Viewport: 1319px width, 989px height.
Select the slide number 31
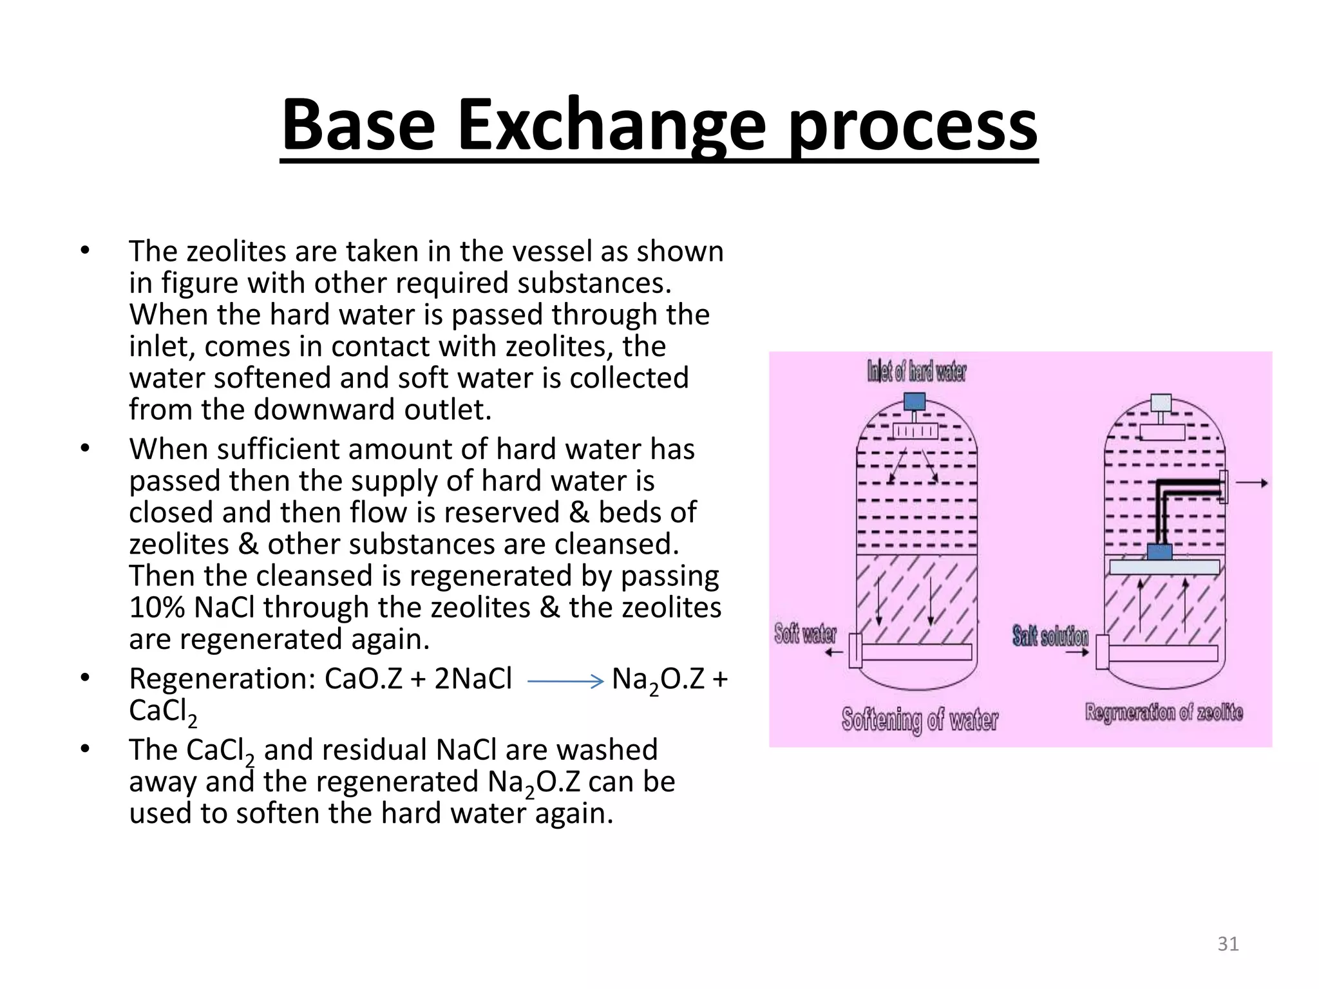pyautogui.click(x=1228, y=944)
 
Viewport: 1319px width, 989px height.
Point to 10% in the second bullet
pyautogui.click(x=157, y=607)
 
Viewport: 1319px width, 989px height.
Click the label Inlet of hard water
pyautogui.click(x=916, y=372)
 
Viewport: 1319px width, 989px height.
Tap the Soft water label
pyautogui.click(x=805, y=634)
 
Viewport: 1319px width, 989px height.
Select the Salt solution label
pyautogui.click(x=1050, y=636)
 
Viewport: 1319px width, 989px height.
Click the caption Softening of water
pyautogui.click(x=919, y=719)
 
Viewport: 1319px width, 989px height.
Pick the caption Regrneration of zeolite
pyautogui.click(x=1163, y=713)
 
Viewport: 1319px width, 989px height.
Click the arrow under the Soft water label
pyautogui.click(x=834, y=652)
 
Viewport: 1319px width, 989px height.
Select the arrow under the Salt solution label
pyautogui.click(x=1077, y=652)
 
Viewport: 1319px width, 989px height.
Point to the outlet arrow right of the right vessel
pyautogui.click(x=1253, y=483)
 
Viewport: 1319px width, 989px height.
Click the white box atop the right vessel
pyautogui.click(x=1161, y=402)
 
